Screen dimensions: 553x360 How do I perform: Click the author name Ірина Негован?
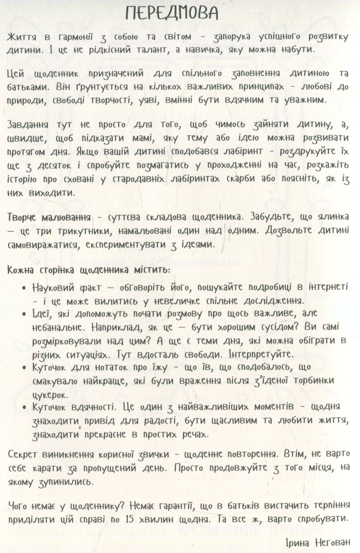tap(317, 542)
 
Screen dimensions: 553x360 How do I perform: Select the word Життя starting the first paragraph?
tap(23, 37)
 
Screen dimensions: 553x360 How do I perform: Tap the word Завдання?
tap(28, 125)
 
